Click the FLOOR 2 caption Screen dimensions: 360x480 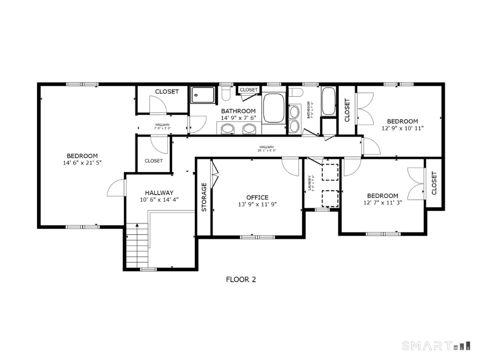tap(241, 280)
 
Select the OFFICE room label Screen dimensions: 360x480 tap(257, 197)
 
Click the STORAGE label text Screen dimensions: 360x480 tap(204, 197)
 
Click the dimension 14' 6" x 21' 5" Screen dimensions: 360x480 tap(82, 163)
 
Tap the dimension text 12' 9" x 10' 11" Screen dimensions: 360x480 tap(402, 128)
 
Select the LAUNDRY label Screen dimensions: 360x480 tap(310, 183)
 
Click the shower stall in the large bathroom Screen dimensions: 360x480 tap(203, 95)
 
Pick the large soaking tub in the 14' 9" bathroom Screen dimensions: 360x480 tap(274, 108)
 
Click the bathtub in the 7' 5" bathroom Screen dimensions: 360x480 tap(328, 101)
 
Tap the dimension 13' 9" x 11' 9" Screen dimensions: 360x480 tap(257, 204)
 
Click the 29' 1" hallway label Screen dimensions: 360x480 tap(267, 150)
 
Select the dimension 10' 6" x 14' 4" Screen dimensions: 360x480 tap(159, 200)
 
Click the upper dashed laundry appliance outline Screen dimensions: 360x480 tap(330, 172)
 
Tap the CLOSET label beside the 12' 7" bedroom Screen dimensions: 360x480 tap(434, 183)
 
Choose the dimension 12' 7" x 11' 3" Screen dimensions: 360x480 tap(382, 202)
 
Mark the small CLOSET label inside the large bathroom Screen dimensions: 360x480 tap(248, 90)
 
